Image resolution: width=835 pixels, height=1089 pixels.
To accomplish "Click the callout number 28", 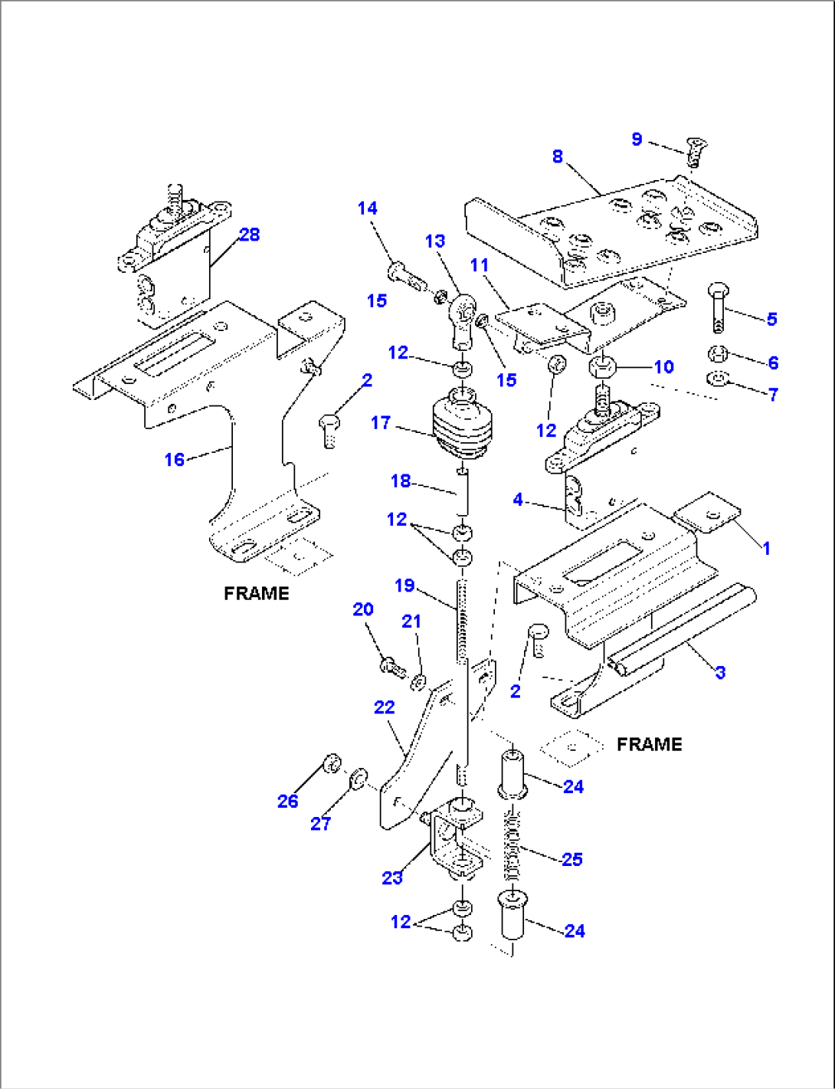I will click(250, 235).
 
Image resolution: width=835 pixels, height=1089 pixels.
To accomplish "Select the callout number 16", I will click(175, 459).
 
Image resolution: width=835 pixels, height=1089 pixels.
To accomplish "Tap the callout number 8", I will click(558, 156).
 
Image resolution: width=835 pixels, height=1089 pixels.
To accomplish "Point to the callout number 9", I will click(637, 139).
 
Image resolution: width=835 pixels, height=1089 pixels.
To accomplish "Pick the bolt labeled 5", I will click(719, 308).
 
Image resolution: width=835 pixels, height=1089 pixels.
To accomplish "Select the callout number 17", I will click(381, 422).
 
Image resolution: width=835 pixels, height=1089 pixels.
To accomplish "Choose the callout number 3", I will click(720, 672).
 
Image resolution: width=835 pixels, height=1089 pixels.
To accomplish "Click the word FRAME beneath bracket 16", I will click(257, 593).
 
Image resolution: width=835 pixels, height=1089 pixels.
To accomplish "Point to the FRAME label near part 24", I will click(649, 744).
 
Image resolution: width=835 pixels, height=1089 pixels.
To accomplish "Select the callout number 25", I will click(572, 859).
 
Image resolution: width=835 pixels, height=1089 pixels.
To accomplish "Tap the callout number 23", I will click(392, 877).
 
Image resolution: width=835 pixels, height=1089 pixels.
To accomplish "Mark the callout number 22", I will click(385, 707).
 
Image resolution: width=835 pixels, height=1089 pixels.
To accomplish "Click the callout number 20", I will click(363, 609).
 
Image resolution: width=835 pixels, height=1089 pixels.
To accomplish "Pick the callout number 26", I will click(288, 801).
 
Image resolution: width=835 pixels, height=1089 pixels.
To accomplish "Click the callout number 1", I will click(766, 548).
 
